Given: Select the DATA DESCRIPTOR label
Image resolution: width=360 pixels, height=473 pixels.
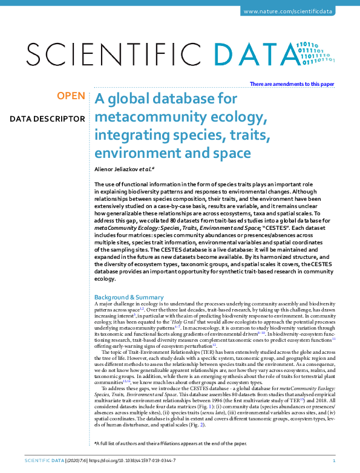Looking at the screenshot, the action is [x=47, y=118].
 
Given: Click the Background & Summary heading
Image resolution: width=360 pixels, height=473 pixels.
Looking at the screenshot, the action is [x=129, y=297].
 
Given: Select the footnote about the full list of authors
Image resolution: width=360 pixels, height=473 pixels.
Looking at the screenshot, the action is [x=162, y=443].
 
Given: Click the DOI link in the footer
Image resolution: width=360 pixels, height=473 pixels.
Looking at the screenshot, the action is [x=127, y=461].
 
